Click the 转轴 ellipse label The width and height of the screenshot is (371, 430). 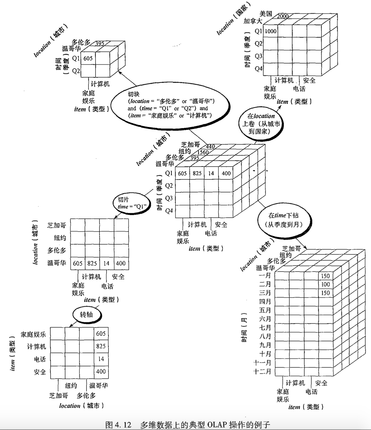click(x=86, y=314)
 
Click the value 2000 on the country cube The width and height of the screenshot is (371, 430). click(x=282, y=16)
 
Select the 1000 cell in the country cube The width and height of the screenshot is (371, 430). click(x=271, y=31)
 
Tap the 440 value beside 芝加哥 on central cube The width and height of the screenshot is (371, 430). click(x=210, y=146)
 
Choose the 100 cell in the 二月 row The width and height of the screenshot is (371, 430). click(x=325, y=285)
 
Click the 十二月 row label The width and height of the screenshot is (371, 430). click(x=262, y=371)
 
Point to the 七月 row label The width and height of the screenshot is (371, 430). click(x=265, y=327)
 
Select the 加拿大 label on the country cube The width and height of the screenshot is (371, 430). click(x=253, y=21)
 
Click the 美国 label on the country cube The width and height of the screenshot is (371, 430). click(x=265, y=13)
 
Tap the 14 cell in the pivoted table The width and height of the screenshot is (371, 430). click(x=101, y=359)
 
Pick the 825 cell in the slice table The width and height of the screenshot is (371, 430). click(x=92, y=263)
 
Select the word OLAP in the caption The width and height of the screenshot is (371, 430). click(x=217, y=425)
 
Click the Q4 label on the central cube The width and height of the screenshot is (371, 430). click(x=169, y=211)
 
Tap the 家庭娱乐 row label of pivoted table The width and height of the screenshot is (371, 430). click(x=33, y=334)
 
